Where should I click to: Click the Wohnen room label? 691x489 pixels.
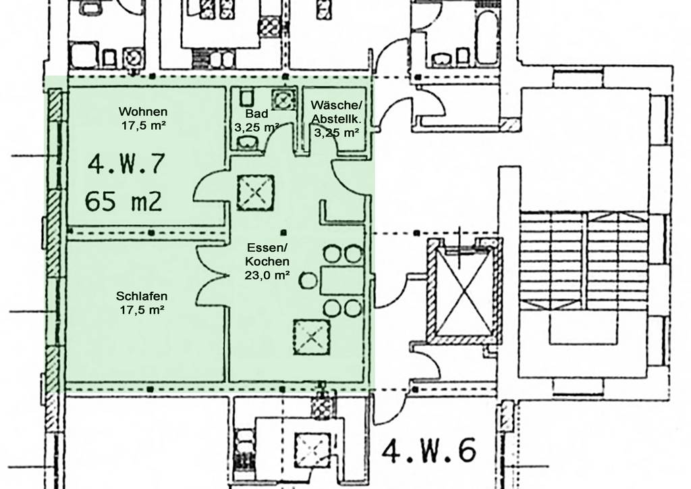[x=143, y=111]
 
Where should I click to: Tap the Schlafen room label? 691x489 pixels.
[x=142, y=296]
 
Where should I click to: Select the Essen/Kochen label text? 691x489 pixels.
[x=267, y=254]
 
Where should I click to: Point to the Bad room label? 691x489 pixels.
[x=256, y=113]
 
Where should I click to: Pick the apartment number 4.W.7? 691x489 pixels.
[x=126, y=163]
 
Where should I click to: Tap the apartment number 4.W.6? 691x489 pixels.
[x=429, y=451]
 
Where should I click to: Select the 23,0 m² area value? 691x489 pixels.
[x=267, y=275]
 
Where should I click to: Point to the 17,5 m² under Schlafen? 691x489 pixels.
[x=142, y=309]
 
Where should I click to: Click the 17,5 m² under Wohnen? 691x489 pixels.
[x=144, y=126]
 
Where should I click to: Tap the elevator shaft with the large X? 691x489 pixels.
[x=464, y=290]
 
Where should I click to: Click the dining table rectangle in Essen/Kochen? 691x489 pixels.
[x=342, y=280]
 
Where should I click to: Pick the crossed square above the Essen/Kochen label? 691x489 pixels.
[x=256, y=192]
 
